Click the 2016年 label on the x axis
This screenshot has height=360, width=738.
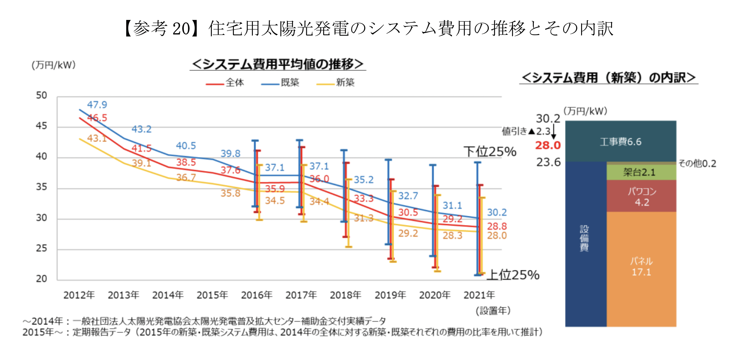coord(257,295)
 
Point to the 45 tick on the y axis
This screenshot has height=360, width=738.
coord(41,126)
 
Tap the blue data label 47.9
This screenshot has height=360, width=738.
coord(97,105)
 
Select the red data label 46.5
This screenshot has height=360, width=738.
coord(97,118)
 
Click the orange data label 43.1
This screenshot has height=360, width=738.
coord(97,138)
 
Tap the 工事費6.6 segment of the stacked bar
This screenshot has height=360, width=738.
coord(620,142)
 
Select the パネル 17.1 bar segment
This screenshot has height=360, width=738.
coord(641,267)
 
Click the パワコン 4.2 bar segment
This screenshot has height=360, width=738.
coord(641,197)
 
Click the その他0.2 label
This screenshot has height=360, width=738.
coord(697,164)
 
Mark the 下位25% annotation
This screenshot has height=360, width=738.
coord(490,152)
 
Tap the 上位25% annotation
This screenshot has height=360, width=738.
coord(513,275)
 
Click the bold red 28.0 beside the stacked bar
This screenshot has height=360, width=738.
coord(548,145)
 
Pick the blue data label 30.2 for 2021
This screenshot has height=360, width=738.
coord(497,212)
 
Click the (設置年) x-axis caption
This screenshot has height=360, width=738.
coord(493,311)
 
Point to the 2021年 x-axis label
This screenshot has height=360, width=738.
coord(479,295)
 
